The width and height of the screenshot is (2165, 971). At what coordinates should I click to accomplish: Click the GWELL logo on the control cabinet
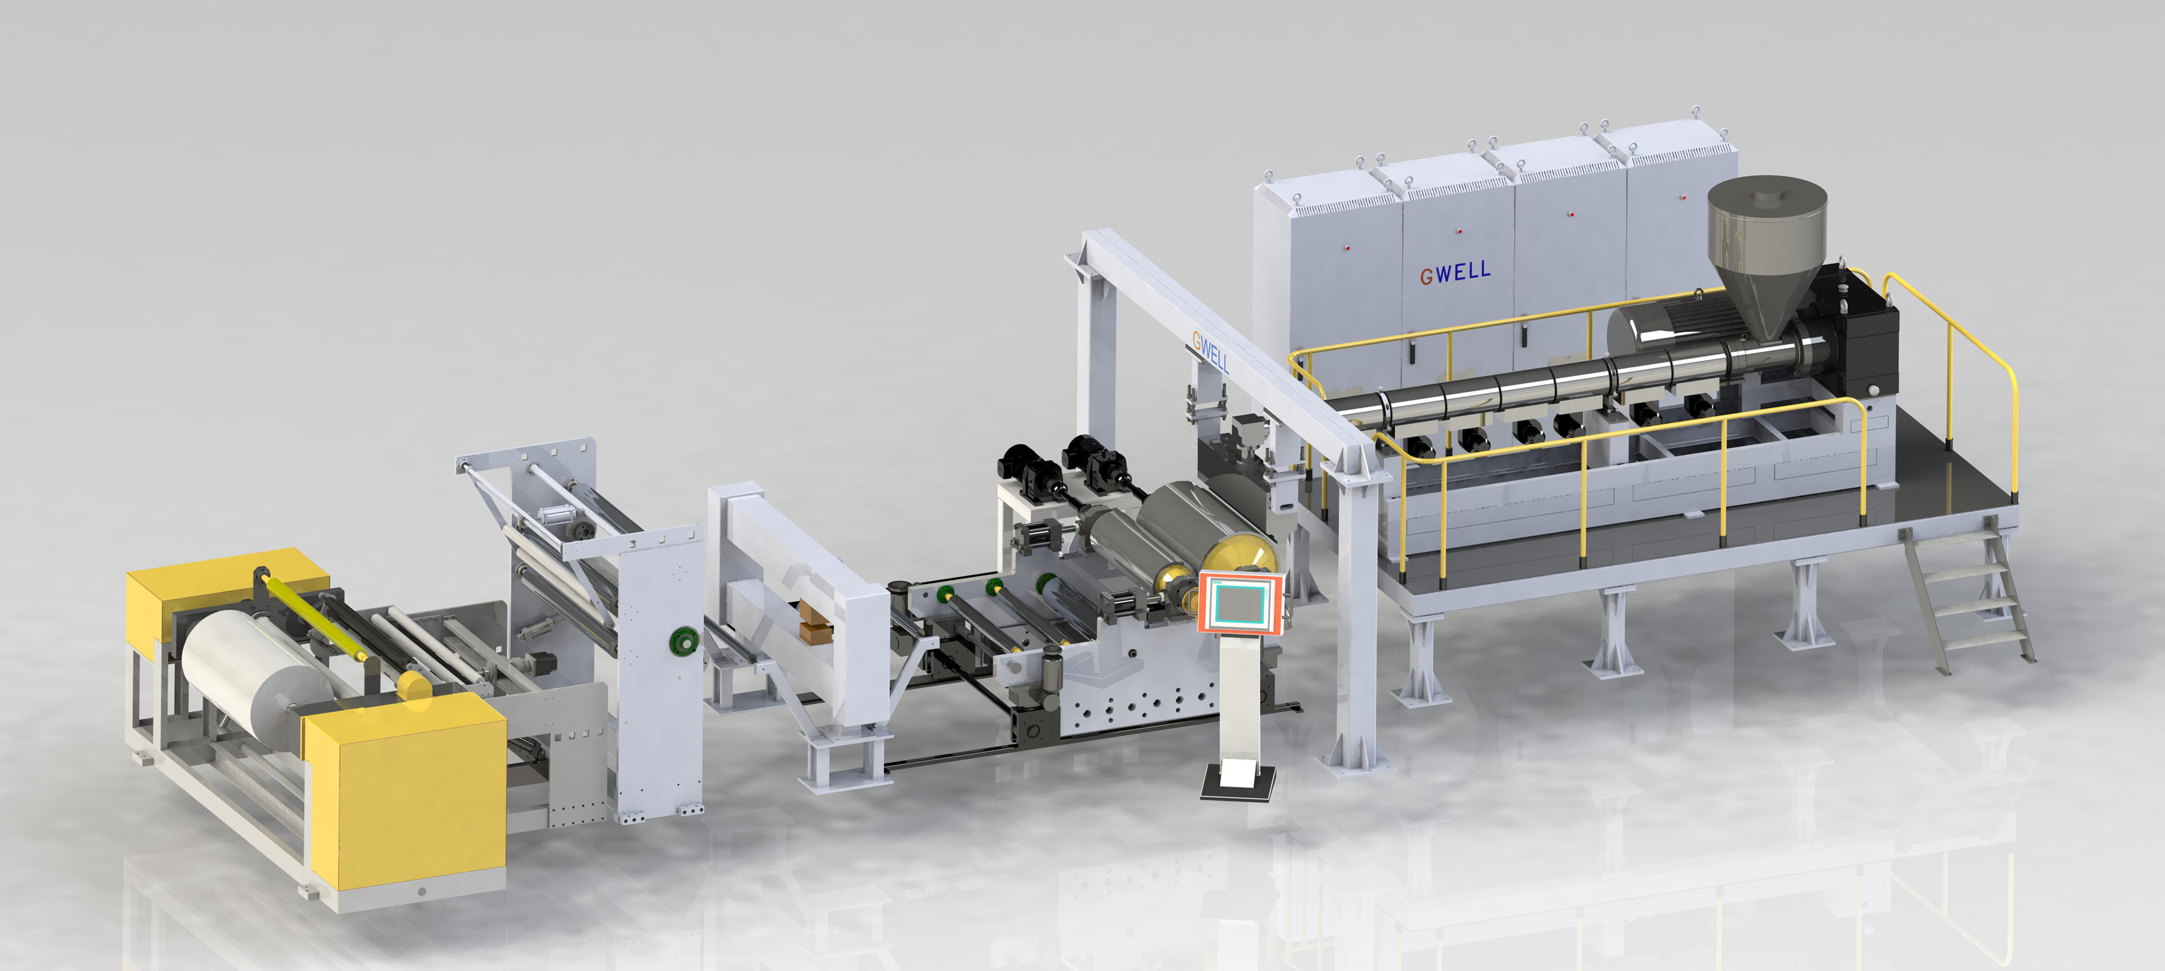click(1455, 272)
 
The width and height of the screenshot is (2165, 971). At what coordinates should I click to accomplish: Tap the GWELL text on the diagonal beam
click(1210, 351)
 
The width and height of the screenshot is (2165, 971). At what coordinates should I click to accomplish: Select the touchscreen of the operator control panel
click(1239, 602)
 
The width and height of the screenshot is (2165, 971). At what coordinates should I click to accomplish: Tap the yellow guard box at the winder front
click(405, 790)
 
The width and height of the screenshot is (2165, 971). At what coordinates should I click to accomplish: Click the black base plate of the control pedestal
click(1237, 783)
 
